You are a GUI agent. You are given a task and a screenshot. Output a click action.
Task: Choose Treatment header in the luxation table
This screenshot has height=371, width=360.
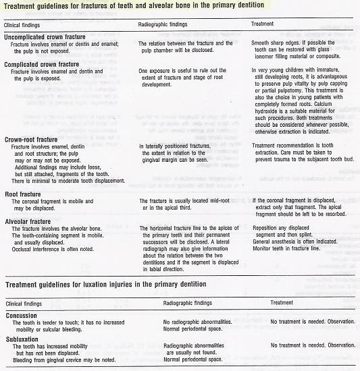[x=282, y=304]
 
